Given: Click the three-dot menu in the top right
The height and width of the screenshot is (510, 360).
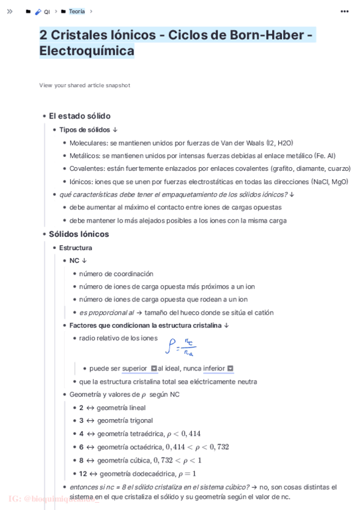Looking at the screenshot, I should (x=344, y=11).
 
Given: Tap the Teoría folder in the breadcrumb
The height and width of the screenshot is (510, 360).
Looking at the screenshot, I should (x=76, y=11).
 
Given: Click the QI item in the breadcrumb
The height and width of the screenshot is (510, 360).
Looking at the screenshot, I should (x=47, y=11).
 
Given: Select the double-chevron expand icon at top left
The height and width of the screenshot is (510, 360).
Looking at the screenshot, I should (x=10, y=11).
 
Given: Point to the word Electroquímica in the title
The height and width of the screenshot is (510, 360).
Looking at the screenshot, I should (x=87, y=51).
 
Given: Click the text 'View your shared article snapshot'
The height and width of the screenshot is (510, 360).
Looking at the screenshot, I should (x=85, y=85).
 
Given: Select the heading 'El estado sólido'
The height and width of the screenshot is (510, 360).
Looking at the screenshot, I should (x=79, y=116).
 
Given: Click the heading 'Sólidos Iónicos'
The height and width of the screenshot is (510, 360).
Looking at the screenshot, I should (x=79, y=234).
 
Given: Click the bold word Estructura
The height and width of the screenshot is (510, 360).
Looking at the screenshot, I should (x=76, y=247).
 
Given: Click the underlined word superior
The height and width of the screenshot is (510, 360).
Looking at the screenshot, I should (x=135, y=368).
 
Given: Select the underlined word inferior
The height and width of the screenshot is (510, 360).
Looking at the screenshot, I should (x=214, y=368).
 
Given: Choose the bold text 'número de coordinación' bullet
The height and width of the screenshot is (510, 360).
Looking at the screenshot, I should (x=116, y=274).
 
